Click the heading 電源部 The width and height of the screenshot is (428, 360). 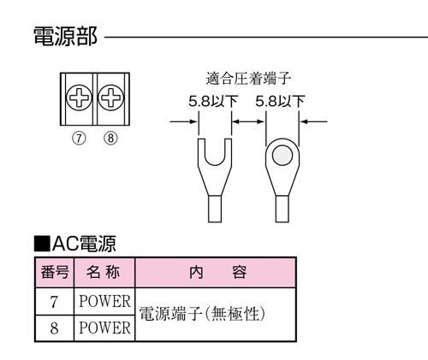click(x=65, y=36)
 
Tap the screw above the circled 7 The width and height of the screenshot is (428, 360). click(x=80, y=97)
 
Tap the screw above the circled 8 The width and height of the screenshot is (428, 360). click(x=111, y=97)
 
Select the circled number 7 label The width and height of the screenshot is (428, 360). click(x=79, y=139)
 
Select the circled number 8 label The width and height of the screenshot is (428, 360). click(x=110, y=139)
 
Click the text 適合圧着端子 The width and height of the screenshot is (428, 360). click(x=248, y=79)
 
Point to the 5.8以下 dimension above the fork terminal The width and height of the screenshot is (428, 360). click(x=213, y=101)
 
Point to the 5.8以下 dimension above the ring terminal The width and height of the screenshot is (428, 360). click(x=280, y=101)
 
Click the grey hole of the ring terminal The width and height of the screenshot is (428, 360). click(x=282, y=156)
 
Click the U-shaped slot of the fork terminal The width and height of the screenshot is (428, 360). click(x=215, y=154)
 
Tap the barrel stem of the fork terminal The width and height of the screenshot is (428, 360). click(x=215, y=209)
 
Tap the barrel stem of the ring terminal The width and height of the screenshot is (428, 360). click(x=282, y=209)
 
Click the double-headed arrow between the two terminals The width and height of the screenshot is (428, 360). click(x=248, y=121)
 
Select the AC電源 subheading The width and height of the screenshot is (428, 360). click(x=75, y=244)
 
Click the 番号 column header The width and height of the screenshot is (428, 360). click(x=55, y=273)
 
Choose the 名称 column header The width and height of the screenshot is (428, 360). click(x=103, y=272)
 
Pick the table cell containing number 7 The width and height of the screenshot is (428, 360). click(x=54, y=302)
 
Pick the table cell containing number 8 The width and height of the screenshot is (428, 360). click(x=54, y=328)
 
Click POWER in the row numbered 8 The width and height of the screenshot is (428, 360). click(x=104, y=328)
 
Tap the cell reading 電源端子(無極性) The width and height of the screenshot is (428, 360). click(x=216, y=314)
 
